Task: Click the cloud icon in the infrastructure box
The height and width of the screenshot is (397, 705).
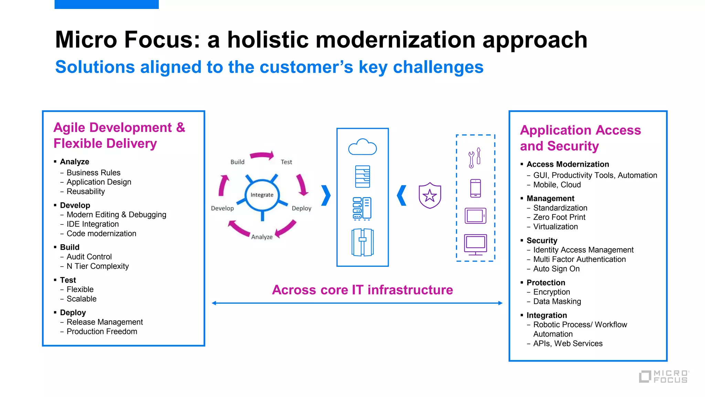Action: click(x=362, y=147)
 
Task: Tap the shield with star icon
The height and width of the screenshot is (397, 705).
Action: click(x=430, y=195)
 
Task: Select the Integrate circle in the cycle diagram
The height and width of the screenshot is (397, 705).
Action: click(x=262, y=195)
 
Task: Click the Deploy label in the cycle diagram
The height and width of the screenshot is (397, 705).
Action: click(x=301, y=208)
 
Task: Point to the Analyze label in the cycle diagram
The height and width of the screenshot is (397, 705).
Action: click(x=262, y=237)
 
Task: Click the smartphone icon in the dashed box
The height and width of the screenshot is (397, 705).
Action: click(x=475, y=188)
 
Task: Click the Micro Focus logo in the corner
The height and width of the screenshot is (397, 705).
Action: click(x=664, y=376)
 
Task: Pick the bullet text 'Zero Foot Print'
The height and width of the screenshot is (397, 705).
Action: click(x=559, y=217)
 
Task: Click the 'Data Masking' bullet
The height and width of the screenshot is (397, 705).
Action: click(x=557, y=301)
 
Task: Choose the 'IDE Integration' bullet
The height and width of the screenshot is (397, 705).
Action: click(x=93, y=224)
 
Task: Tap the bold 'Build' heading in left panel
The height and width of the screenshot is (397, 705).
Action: click(x=70, y=247)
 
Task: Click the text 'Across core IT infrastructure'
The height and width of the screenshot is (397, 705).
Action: click(x=362, y=290)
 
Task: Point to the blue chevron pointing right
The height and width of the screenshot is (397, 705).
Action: click(x=326, y=195)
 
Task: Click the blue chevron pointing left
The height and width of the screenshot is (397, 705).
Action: click(x=401, y=195)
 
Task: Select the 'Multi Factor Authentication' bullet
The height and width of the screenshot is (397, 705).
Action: click(x=579, y=259)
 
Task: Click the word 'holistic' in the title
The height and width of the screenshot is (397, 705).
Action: click(x=268, y=40)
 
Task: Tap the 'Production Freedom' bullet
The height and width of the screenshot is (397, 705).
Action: click(x=102, y=331)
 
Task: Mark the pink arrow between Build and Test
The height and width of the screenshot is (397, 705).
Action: click(x=262, y=156)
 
